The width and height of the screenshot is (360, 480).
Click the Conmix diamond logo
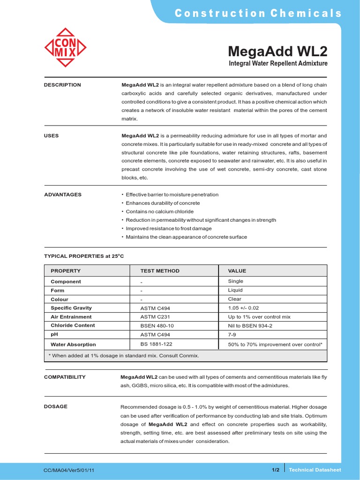65,48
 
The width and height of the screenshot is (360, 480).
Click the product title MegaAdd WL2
277,51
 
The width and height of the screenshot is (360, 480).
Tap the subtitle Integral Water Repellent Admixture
277,63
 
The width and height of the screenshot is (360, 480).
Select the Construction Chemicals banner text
258,13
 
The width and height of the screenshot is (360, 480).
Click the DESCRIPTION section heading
62,85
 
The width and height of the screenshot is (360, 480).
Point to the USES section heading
52,135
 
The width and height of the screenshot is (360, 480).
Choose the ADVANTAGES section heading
63,195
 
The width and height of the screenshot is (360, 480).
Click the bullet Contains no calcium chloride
159,211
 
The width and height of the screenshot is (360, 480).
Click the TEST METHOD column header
160,271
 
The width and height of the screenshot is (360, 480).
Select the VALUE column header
237,271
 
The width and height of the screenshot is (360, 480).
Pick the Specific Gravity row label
71,308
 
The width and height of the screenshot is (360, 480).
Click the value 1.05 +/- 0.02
243,308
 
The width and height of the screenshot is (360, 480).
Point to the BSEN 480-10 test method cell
157,325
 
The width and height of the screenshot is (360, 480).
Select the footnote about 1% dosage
124,356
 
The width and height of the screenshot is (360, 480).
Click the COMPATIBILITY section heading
65,377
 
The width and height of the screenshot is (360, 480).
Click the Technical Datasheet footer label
315,470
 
